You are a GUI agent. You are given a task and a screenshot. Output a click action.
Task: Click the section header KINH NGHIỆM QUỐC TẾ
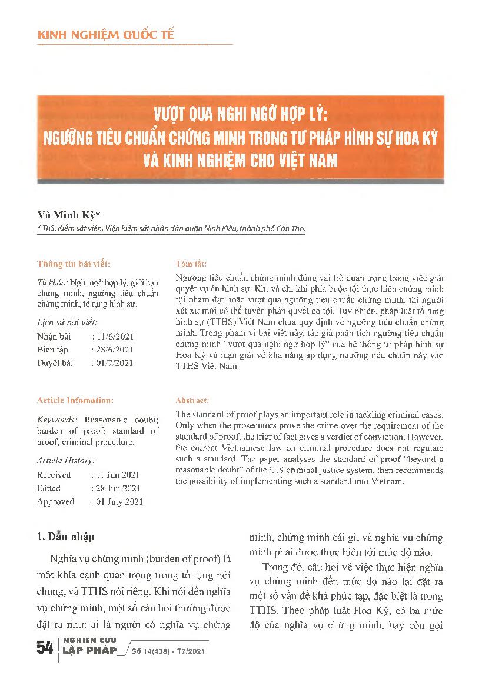pos(106,35)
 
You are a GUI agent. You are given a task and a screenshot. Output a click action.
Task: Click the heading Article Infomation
pos(75,400)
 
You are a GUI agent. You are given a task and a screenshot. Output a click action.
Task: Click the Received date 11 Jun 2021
pos(117,475)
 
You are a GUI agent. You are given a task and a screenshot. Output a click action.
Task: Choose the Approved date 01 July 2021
pos(118,502)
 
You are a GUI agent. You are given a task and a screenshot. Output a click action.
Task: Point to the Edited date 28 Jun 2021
pos(117,488)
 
